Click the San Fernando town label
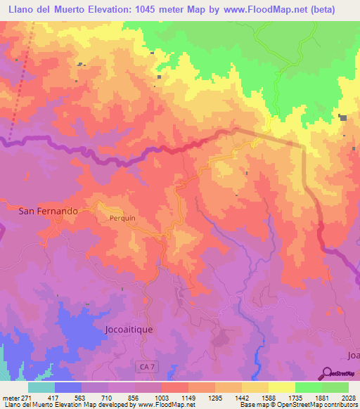click(48, 210)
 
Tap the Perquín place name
click(122, 218)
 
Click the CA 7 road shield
click(144, 366)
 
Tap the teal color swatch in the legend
click(41, 387)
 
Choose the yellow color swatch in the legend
click(281, 387)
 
